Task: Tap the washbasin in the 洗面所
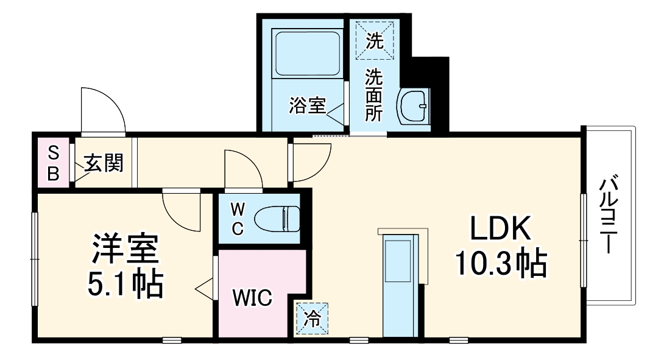pos(414,107)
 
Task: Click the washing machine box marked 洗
pos(375,40)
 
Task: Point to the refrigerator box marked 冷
pos(311,319)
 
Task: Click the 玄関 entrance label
pos(104,163)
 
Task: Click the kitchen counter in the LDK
pos(399,286)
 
